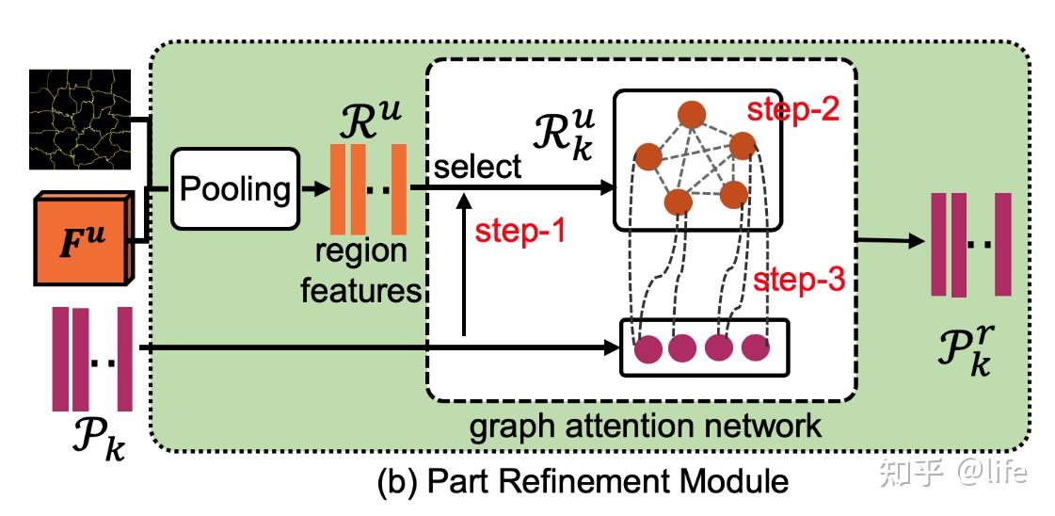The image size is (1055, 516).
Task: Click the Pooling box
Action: click(234, 189)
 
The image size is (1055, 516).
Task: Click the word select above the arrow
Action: click(477, 167)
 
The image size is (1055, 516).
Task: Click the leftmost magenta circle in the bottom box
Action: click(648, 348)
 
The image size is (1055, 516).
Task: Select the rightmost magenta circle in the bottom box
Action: click(756, 348)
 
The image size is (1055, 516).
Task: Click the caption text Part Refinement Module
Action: click(582, 482)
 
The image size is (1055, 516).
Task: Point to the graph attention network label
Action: click(646, 426)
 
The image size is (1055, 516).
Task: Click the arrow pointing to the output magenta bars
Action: click(888, 242)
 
